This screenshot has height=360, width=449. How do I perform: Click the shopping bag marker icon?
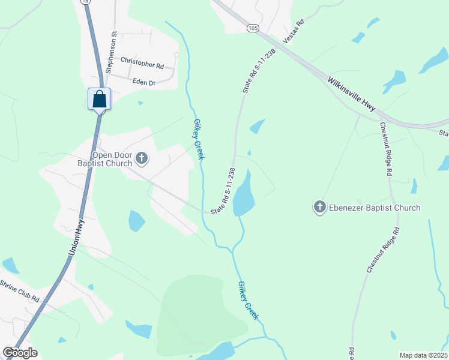pos(100,99)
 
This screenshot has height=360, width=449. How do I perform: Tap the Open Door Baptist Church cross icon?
pos(142,158)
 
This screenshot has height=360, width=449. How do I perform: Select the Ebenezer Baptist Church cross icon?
pos(319,208)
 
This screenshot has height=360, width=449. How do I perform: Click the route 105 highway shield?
pos(252,28)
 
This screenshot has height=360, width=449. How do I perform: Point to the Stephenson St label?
pos(110,52)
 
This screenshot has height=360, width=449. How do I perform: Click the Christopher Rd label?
pos(142,61)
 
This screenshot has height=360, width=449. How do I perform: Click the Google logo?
pos(20,353)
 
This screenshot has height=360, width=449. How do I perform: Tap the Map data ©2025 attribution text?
pos(423,355)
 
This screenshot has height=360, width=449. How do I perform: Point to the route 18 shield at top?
pos(86,2)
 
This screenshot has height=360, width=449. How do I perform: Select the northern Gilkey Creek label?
pos(199,139)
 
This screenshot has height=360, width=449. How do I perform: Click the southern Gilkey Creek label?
pos(249,301)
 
